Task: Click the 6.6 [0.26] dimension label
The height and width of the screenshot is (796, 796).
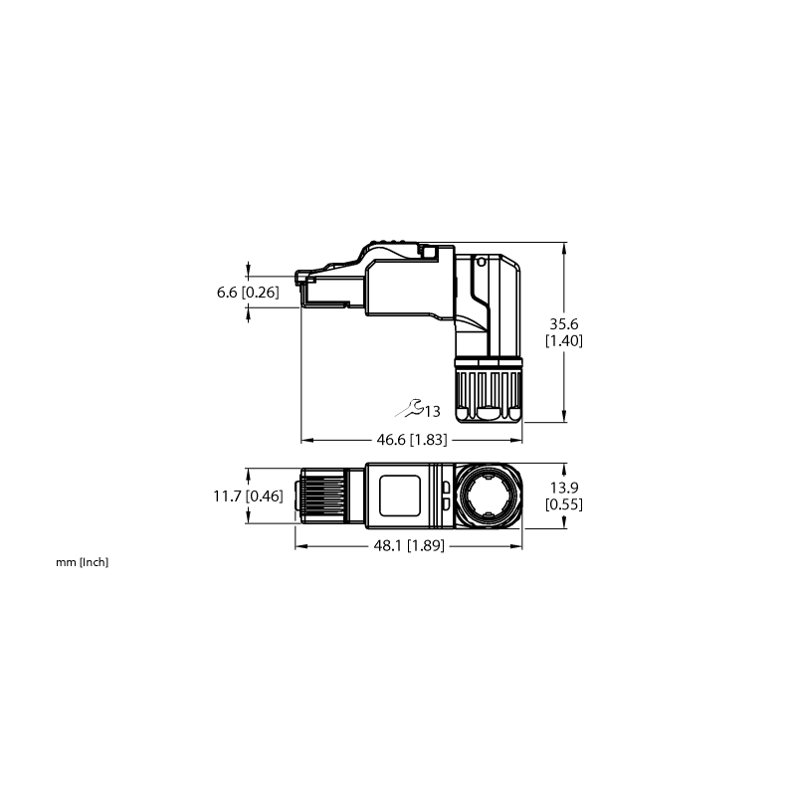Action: pos(248,293)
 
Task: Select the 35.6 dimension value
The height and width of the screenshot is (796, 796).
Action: pos(564,324)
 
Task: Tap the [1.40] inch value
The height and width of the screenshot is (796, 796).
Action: pos(564,340)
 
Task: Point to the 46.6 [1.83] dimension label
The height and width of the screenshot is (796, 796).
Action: pos(412,440)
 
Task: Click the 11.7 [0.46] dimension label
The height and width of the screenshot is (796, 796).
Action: pos(248,496)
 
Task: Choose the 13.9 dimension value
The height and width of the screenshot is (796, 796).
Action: pos(564,488)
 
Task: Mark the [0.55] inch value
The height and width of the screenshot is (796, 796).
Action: pos(564,504)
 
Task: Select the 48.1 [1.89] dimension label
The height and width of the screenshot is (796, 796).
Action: pos(409,545)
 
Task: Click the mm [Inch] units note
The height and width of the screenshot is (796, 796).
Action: pos(83,562)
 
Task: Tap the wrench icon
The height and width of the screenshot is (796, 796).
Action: pos(410,408)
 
